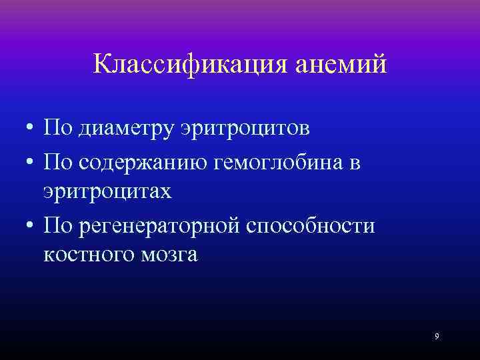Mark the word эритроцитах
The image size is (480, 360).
click(107, 191)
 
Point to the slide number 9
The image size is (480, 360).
click(437, 336)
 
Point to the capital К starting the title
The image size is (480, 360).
click(102, 65)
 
